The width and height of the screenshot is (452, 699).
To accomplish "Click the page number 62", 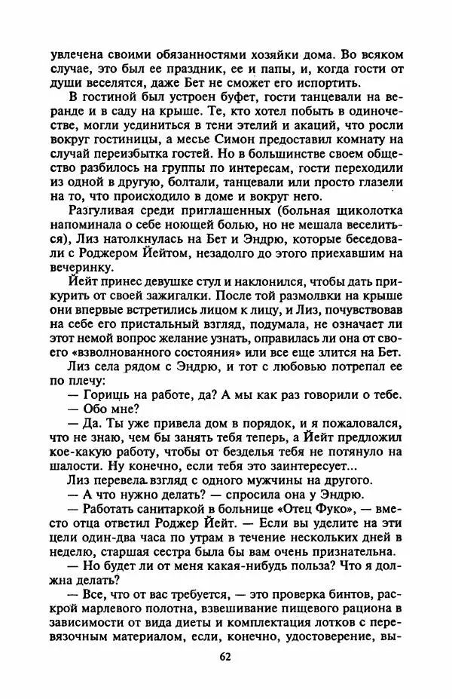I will point(225,657).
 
